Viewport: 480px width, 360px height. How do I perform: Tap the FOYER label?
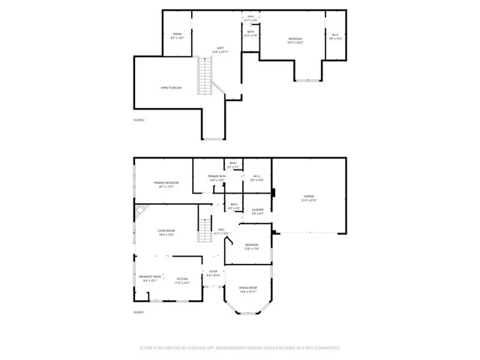[x=213, y=273]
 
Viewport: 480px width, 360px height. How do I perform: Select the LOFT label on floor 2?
[x=220, y=49]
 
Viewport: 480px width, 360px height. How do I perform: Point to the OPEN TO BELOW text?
[x=172, y=88]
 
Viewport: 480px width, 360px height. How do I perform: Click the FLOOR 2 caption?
[x=139, y=120]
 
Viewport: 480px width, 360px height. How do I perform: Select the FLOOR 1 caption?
[x=139, y=311]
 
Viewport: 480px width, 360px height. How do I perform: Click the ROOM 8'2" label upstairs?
[x=178, y=35]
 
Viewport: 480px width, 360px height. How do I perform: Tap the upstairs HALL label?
[x=250, y=17]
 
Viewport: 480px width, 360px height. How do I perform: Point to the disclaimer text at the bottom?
[x=239, y=348]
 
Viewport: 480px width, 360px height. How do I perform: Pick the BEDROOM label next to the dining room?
[x=251, y=246]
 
